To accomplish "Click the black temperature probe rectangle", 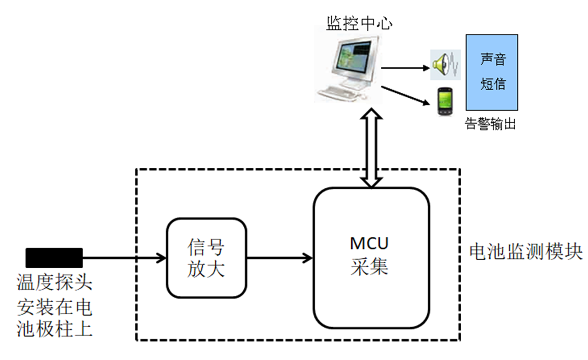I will [x=54, y=257].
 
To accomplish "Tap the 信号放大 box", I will [x=206, y=257].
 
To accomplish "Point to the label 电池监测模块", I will [x=526, y=252].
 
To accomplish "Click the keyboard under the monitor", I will [x=340, y=94].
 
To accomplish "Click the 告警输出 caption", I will [x=491, y=125].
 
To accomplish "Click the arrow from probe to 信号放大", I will [x=124, y=258].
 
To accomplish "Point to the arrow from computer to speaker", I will [x=406, y=68].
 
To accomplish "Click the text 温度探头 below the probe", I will [x=54, y=282].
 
